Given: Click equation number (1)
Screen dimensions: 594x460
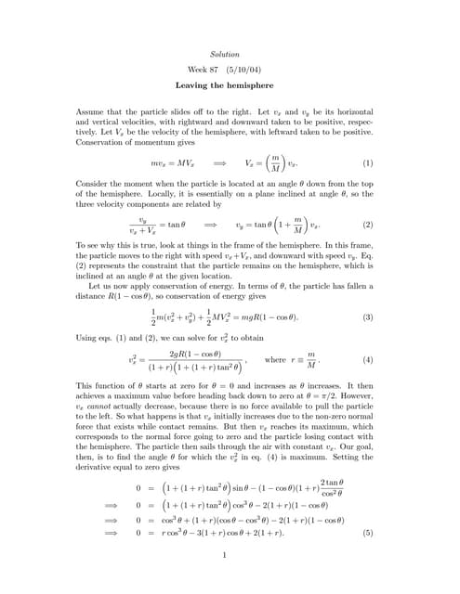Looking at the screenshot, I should pyautogui.click(x=367, y=163).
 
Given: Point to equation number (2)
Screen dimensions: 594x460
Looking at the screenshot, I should pyautogui.click(x=367, y=225).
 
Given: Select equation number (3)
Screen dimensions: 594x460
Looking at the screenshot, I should pyautogui.click(x=367, y=316).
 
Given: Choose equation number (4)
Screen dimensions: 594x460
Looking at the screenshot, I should pyautogui.click(x=367, y=359).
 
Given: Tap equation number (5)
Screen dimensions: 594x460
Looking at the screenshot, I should pyautogui.click(x=367, y=534).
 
